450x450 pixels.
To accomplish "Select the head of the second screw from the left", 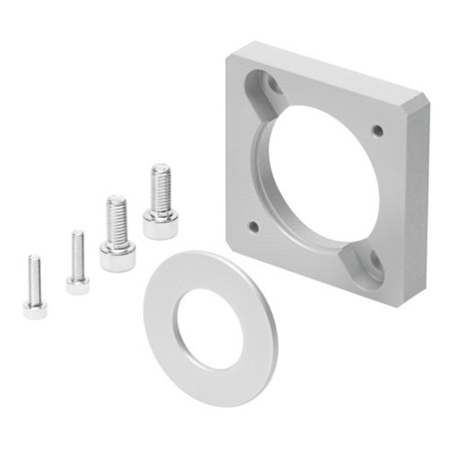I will coord(77,284).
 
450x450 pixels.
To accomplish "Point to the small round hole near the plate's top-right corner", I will coord(377,130).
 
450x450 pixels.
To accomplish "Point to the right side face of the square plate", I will coord(421,198).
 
